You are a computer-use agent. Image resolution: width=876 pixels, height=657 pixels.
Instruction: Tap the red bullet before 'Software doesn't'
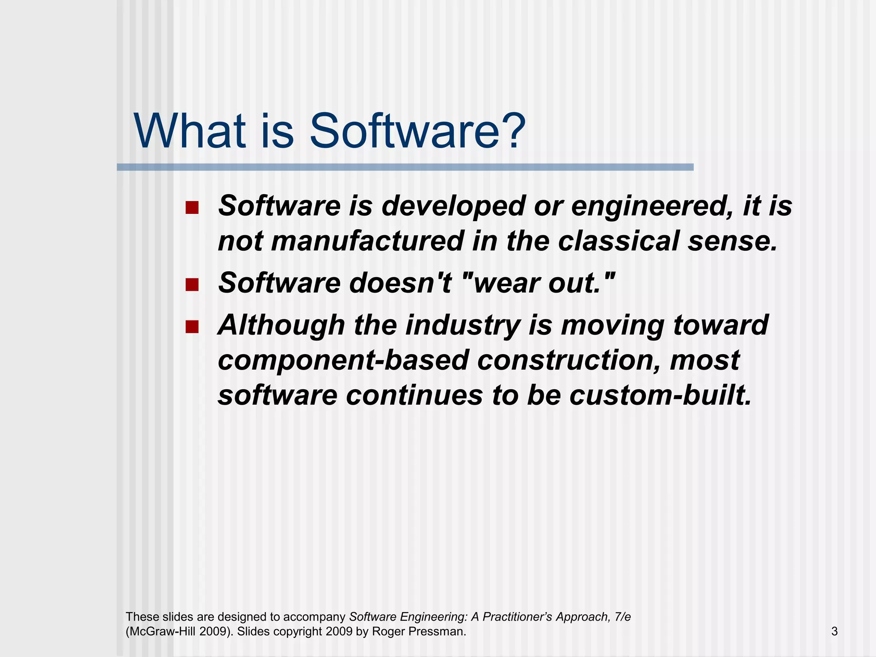click(192, 284)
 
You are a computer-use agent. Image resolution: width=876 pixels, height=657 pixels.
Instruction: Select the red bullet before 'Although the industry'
click(192, 327)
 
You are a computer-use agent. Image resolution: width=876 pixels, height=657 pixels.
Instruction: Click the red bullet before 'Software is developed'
click(192, 208)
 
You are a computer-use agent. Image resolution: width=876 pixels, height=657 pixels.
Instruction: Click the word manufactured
click(367, 241)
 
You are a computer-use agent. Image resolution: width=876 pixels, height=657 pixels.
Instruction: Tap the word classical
click(618, 241)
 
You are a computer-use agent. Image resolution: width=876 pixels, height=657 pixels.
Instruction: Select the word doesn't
click(400, 283)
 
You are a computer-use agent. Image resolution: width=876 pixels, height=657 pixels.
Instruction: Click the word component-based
click(343, 360)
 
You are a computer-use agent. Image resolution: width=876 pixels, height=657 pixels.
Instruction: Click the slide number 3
click(834, 631)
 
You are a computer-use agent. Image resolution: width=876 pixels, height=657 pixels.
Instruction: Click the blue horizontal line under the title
click(405, 167)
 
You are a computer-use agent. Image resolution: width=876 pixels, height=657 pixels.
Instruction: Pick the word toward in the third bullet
click(721, 326)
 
